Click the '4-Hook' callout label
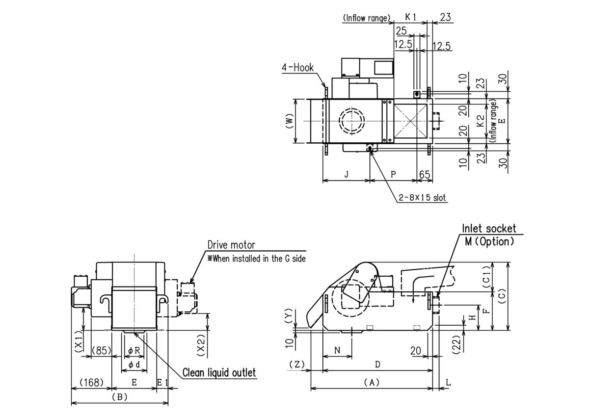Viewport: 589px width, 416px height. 297,68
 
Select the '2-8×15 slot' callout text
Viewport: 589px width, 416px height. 422,197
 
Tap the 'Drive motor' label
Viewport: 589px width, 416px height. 231,245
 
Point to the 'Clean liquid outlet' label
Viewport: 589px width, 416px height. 219,373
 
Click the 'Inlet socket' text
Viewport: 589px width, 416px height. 489,229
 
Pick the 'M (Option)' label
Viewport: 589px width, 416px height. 489,241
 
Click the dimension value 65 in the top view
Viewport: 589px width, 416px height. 425,175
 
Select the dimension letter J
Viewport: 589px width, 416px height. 347,174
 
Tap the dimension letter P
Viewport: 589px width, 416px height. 393,174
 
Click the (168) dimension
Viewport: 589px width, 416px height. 91,382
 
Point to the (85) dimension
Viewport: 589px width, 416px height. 102,350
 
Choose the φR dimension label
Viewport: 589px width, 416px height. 134,350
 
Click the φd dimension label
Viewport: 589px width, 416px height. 134,364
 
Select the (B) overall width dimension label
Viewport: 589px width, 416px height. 120,397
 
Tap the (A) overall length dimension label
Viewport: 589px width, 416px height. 372,382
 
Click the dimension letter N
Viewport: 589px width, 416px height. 337,350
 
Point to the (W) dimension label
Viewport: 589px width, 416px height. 289,121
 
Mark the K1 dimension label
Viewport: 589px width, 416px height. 410,17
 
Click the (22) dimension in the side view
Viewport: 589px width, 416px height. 457,345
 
